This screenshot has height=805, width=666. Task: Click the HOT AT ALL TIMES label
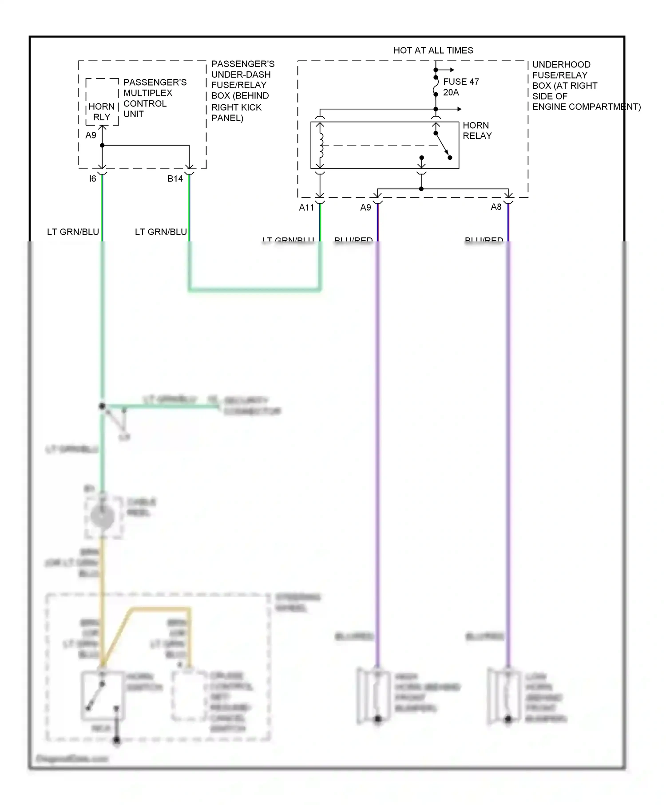tap(433, 51)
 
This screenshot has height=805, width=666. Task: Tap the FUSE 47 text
tap(461, 82)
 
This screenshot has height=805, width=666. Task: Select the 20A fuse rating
tap(451, 92)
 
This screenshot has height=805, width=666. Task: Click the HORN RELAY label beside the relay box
tap(477, 130)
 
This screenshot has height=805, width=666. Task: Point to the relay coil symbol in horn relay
tap(321, 146)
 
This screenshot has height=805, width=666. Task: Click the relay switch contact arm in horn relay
tap(443, 146)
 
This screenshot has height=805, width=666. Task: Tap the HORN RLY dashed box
tap(102, 102)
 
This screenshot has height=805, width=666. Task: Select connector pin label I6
tap(92, 179)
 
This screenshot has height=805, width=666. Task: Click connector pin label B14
tap(175, 179)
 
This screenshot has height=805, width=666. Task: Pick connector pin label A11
tap(306, 208)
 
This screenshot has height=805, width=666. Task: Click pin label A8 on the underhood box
tap(496, 207)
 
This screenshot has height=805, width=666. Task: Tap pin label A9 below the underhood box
tap(365, 208)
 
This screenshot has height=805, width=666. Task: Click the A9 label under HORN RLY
tap(91, 135)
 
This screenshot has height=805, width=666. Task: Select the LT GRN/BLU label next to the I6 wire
tap(73, 232)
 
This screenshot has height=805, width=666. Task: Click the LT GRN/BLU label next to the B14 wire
tap(161, 232)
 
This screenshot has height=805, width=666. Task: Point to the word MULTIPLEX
tap(148, 93)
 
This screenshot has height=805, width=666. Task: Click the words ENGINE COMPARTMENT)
tap(586, 107)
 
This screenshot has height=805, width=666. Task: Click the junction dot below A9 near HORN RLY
tap(102, 145)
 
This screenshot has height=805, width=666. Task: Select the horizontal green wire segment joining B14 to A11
tap(254, 290)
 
